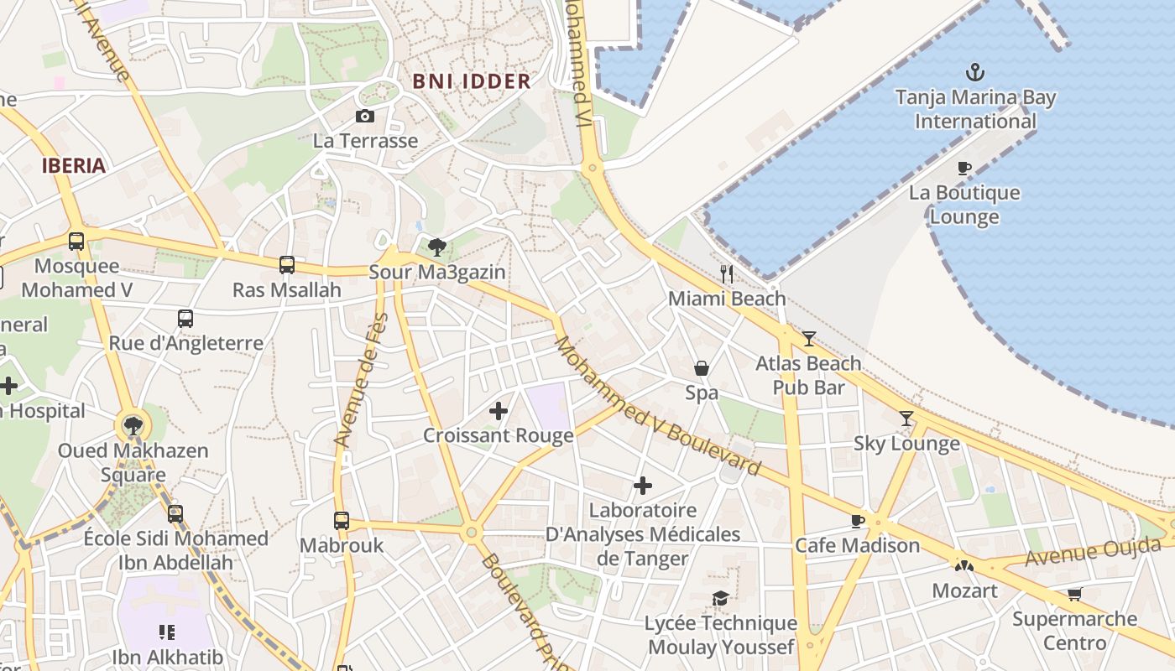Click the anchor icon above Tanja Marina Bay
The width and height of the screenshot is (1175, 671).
point(975,72)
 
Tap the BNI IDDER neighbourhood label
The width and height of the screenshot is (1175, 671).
point(472,81)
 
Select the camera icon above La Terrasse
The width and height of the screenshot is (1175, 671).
point(365,117)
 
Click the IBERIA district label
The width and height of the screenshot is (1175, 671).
point(74,165)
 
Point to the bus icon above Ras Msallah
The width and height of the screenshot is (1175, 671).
point(287,265)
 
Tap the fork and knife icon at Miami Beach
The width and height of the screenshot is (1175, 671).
point(727,273)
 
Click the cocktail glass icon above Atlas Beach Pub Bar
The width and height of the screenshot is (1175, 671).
point(808,339)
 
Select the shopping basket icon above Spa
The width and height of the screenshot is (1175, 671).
point(702,368)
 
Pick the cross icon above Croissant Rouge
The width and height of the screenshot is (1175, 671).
point(499,411)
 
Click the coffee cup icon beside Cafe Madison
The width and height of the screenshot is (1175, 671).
point(858,521)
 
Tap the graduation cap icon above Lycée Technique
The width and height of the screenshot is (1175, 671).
point(720,598)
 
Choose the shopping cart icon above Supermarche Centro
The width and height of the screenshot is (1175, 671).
point(1074,595)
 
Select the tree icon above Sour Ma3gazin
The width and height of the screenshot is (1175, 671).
point(436,247)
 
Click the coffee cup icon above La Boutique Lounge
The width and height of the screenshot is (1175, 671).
point(964,169)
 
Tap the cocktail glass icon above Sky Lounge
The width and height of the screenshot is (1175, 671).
point(906,419)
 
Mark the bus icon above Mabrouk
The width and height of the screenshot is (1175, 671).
point(342,521)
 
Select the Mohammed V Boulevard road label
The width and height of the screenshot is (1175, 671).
point(656,406)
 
